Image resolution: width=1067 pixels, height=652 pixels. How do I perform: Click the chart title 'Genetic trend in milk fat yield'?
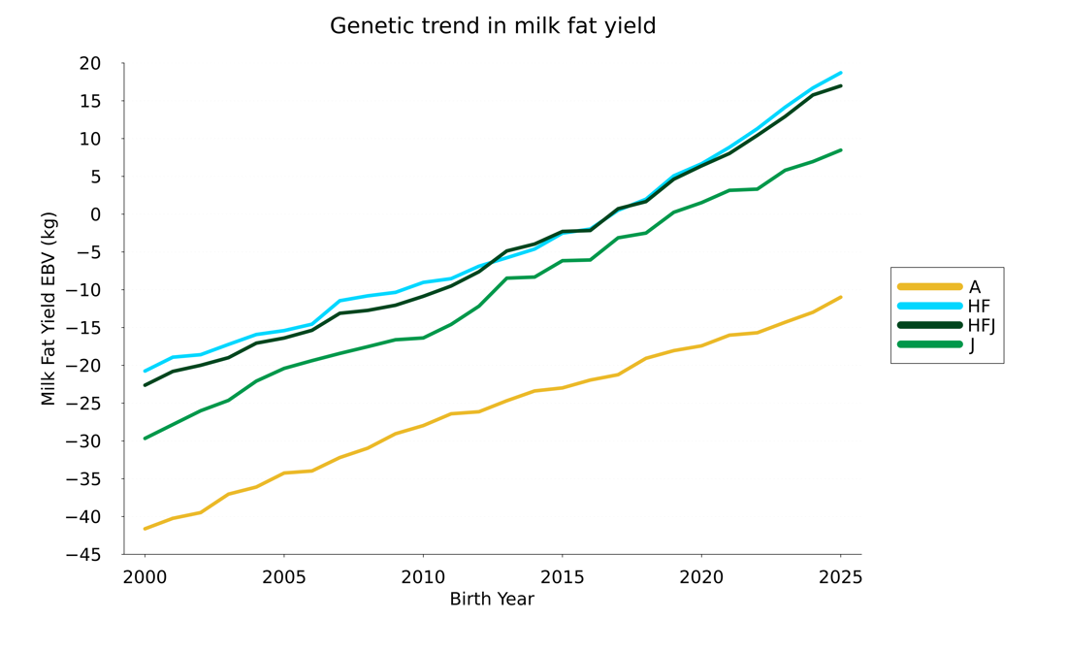click(x=493, y=26)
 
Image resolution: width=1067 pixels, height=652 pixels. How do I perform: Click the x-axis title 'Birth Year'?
click(x=492, y=600)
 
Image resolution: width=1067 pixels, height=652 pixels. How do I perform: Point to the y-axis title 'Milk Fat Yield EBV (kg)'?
click(x=48, y=309)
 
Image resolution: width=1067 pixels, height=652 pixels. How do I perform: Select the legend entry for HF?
click(x=979, y=307)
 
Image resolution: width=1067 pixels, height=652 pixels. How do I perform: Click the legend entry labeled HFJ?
click(x=982, y=325)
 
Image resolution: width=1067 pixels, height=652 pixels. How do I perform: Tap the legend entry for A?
click(x=974, y=287)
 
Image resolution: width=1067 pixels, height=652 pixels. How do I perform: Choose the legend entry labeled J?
click(x=972, y=344)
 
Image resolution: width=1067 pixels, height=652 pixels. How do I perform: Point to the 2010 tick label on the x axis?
click(x=423, y=577)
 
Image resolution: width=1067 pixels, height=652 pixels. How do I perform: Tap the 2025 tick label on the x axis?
click(x=840, y=577)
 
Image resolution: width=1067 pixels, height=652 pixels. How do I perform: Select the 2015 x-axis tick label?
click(x=562, y=577)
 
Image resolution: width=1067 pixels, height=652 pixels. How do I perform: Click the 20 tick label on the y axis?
click(x=90, y=64)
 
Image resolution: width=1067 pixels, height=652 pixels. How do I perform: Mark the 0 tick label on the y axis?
click(x=95, y=214)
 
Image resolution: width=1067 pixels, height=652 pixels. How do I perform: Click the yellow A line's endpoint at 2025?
click(x=840, y=297)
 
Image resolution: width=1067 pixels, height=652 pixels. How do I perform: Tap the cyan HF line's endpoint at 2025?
click(x=840, y=73)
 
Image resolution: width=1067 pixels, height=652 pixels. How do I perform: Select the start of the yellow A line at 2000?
click(x=145, y=529)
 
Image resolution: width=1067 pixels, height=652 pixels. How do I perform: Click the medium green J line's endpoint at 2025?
click(x=840, y=150)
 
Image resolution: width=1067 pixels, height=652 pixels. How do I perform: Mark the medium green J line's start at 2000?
click(x=145, y=439)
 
